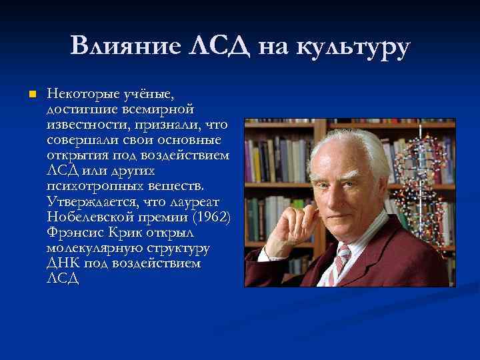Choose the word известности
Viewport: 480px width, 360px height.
pos(87,124)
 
